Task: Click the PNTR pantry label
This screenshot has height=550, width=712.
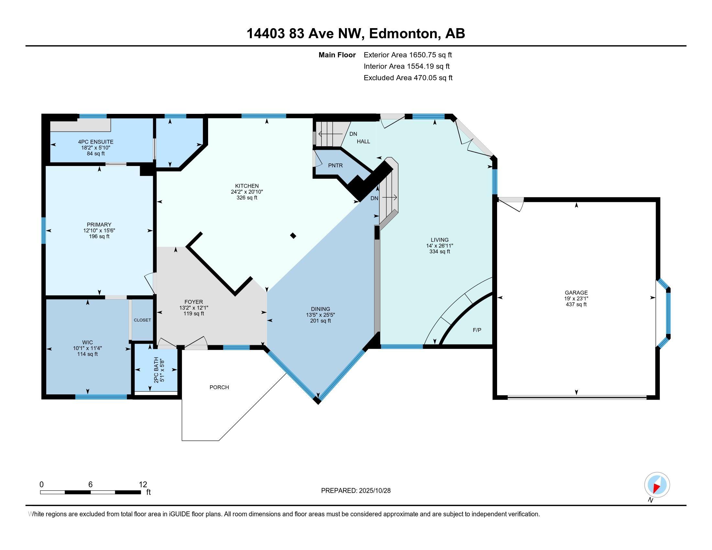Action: point(335,166)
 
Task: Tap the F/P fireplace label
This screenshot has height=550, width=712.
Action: point(477,330)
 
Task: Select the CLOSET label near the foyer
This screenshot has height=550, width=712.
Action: point(142,320)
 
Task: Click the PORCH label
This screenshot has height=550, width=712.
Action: point(219,387)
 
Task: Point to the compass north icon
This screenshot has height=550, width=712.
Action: point(657,485)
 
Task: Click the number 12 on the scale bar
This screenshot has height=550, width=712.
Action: point(143,484)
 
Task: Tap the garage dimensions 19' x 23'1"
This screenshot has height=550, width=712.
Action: point(576,299)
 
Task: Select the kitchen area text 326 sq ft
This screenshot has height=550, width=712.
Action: point(247,198)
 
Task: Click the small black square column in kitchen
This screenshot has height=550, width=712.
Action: point(293,236)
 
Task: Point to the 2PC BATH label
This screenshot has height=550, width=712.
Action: point(156,370)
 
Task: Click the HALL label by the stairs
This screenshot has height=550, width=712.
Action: point(363,141)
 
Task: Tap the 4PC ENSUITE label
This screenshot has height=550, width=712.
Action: point(95,142)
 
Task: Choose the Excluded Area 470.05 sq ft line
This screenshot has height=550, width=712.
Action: point(408,78)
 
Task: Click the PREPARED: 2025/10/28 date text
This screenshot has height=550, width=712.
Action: point(356,490)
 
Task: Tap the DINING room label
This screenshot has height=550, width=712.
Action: point(320,309)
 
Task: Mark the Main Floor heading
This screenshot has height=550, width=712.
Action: point(337,55)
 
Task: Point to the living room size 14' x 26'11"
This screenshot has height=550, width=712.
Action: point(439,246)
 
